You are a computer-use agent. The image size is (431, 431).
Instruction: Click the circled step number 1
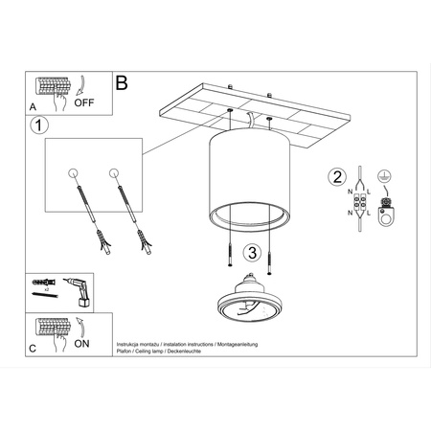pos(38,125)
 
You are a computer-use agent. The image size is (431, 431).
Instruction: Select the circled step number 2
pos(336,176)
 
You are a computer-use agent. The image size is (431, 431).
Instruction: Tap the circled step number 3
pos(251,253)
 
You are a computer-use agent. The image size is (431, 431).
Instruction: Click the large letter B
pos(122,83)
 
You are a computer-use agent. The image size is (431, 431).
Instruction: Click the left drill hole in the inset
pos(74,173)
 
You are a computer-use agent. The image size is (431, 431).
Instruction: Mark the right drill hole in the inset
pos(114,173)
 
